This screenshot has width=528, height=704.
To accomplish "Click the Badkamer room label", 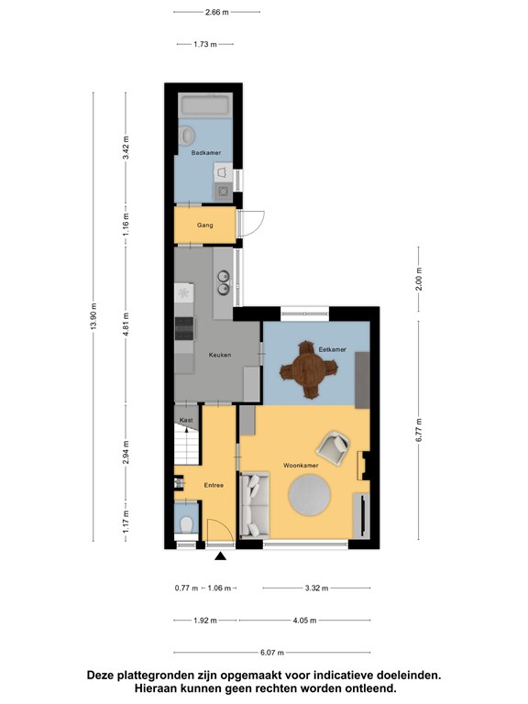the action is click(206, 153).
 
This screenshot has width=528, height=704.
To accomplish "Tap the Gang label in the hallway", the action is click(204, 225).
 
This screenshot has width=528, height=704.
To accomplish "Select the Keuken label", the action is click(220, 355).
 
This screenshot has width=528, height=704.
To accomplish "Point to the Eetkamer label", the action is click(332, 349).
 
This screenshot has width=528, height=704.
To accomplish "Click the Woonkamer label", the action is click(301, 466).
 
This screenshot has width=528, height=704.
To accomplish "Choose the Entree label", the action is click(214, 485).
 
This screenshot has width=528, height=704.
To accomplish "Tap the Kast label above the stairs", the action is click(186, 420).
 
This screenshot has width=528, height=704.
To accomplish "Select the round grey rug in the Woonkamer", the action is click(309, 495).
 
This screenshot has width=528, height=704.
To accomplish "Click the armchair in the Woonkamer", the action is click(333, 445).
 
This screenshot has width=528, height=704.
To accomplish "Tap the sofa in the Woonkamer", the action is click(255, 505).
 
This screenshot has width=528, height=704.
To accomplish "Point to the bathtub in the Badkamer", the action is click(205, 105).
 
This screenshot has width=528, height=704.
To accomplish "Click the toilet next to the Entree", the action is click(186, 523).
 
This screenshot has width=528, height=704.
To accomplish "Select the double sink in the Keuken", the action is click(223, 282).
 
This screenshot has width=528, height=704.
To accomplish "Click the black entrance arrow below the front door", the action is click(220, 556).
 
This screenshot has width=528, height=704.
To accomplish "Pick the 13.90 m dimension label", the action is click(93, 316).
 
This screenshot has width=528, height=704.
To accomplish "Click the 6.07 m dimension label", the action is click(272, 653).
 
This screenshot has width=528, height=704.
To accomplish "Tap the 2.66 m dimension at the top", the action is click(217, 12).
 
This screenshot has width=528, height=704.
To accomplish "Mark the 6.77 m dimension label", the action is click(418, 430).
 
